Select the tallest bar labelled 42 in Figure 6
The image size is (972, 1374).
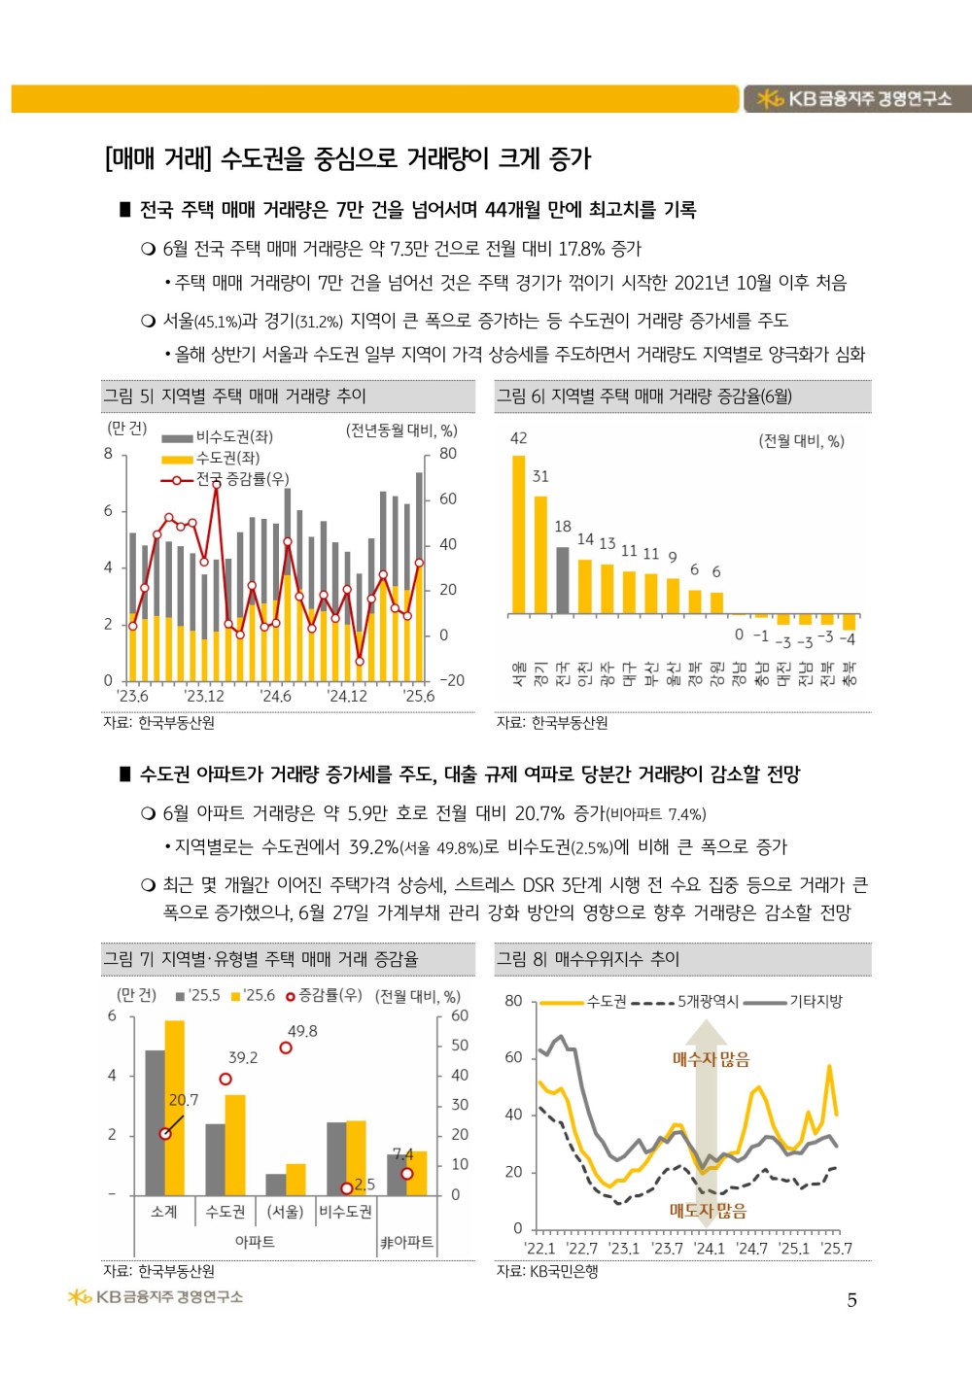click(x=518, y=534)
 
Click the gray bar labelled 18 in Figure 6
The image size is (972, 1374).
click(x=563, y=580)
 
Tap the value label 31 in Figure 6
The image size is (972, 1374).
click(x=540, y=476)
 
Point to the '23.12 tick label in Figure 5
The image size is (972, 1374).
click(x=204, y=696)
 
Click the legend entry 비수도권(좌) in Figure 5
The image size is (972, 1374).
click(x=217, y=436)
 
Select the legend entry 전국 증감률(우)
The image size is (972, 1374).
click(x=225, y=479)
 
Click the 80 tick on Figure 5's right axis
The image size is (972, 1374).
click(x=448, y=454)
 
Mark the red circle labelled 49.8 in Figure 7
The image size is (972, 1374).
click(x=286, y=1048)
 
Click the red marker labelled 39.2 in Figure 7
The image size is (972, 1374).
click(x=226, y=1079)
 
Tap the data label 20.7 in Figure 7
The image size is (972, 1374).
click(x=184, y=1100)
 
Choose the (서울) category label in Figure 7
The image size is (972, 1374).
click(x=286, y=1212)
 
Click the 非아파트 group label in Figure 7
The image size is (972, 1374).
click(x=406, y=1242)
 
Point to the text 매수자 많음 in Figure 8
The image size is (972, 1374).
click(x=712, y=1059)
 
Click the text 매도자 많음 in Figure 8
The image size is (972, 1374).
click(x=708, y=1211)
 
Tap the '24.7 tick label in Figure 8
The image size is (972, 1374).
click(x=752, y=1249)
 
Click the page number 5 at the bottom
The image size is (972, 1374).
click(x=851, y=1300)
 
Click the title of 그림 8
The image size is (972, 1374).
click(x=588, y=959)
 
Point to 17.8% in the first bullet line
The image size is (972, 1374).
click(x=583, y=249)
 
